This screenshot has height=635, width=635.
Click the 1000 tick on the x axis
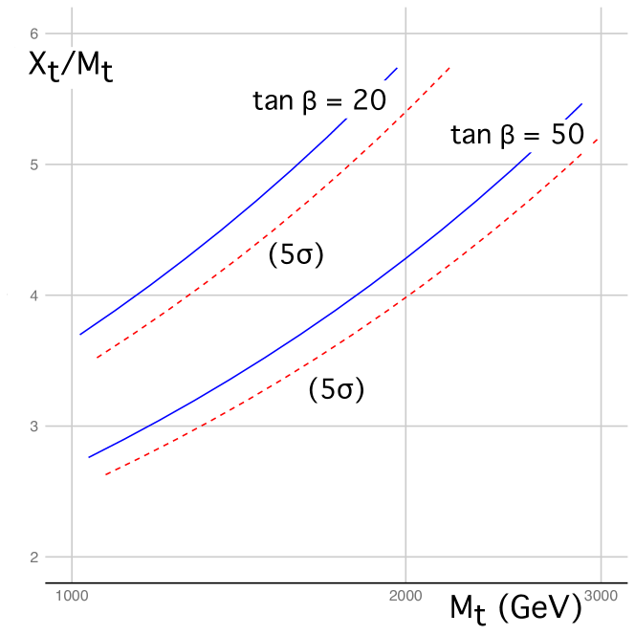click(71, 595)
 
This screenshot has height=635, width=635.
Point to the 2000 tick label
click(406, 595)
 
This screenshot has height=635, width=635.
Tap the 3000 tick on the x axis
click(601, 595)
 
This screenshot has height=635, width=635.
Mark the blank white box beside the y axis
click(17, 293)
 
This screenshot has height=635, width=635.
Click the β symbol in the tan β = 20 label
click(308, 102)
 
